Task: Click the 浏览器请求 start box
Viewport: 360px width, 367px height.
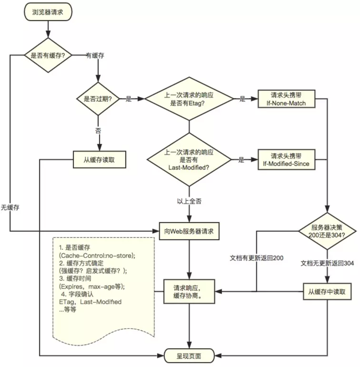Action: click(48, 12)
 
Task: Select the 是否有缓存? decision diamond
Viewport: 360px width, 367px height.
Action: click(48, 55)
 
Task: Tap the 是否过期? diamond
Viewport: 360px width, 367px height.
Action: click(98, 99)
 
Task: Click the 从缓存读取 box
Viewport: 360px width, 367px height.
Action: click(99, 160)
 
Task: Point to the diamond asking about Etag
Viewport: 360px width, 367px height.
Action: click(189, 99)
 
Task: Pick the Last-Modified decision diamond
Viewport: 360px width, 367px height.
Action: click(189, 160)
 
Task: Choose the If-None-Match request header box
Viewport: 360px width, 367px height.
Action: click(286, 99)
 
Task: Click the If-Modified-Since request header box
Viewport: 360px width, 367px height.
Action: click(286, 160)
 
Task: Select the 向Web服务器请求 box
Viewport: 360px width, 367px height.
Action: click(189, 231)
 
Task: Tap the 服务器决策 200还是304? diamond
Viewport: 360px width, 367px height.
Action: click(327, 231)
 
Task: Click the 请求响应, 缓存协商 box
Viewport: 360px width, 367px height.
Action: click(189, 292)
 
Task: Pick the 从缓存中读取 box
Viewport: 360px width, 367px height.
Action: click(327, 292)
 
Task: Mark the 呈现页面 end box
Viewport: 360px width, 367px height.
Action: click(189, 356)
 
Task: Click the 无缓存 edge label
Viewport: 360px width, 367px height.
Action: click(10, 207)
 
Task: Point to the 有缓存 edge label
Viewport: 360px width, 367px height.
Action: click(95, 56)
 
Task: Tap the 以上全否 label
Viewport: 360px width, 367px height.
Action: click(189, 201)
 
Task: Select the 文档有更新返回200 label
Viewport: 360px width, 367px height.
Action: click(256, 258)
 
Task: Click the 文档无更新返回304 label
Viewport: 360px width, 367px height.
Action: click(327, 263)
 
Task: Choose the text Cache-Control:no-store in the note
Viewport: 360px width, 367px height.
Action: click(97, 256)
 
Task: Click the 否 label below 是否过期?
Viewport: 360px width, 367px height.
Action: click(98, 131)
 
